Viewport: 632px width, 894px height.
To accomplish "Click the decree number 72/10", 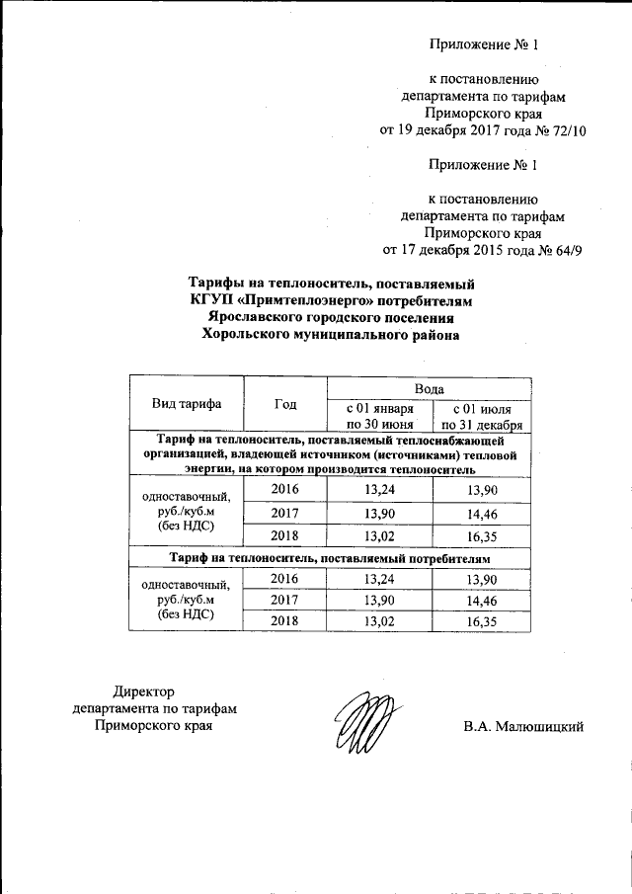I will click(563, 129).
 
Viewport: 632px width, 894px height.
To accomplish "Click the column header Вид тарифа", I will click(186, 404).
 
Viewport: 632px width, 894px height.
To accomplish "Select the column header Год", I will click(285, 404).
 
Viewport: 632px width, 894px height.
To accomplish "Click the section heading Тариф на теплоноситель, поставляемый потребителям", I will click(330, 558).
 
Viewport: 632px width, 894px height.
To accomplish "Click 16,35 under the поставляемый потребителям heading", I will click(482, 618).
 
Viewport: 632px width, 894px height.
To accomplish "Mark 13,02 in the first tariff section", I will click(378, 536).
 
